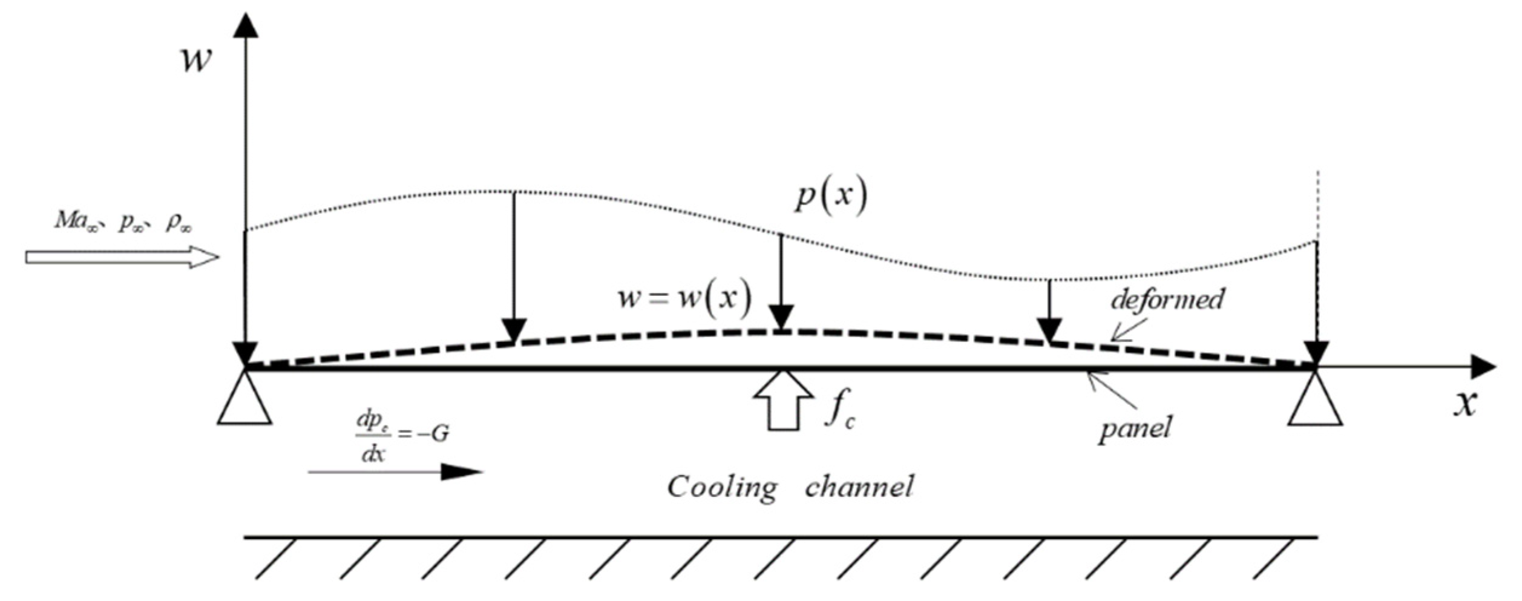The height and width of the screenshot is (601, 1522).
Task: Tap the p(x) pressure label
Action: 831,197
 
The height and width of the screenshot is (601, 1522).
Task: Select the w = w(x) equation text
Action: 684,298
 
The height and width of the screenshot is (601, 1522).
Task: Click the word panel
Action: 1135,429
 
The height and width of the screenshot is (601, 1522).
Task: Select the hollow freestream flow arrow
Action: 121,257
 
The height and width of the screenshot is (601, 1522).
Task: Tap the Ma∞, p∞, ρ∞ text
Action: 123,222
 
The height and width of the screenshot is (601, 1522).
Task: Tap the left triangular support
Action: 244,400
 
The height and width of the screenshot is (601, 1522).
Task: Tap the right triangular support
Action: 1315,401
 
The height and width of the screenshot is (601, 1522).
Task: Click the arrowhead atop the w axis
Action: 246,25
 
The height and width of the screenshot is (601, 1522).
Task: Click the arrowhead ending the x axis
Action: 1483,367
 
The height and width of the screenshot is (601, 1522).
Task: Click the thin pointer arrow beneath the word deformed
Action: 1129,330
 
